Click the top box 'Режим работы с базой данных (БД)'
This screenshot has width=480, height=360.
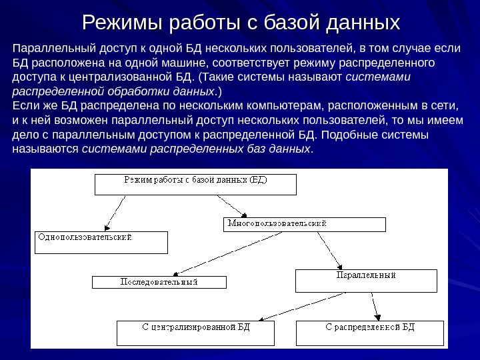[195, 184]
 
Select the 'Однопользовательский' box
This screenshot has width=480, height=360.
[101, 242]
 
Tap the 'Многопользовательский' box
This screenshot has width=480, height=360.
[303, 224]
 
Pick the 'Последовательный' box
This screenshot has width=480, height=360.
[159, 282]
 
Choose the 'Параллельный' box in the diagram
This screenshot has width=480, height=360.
[366, 281]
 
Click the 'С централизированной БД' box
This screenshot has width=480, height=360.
[195, 333]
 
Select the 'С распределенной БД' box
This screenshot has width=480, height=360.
[369, 333]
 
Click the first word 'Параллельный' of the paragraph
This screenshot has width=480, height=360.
[54, 49]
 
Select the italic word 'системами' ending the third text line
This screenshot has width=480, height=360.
[381, 77]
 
